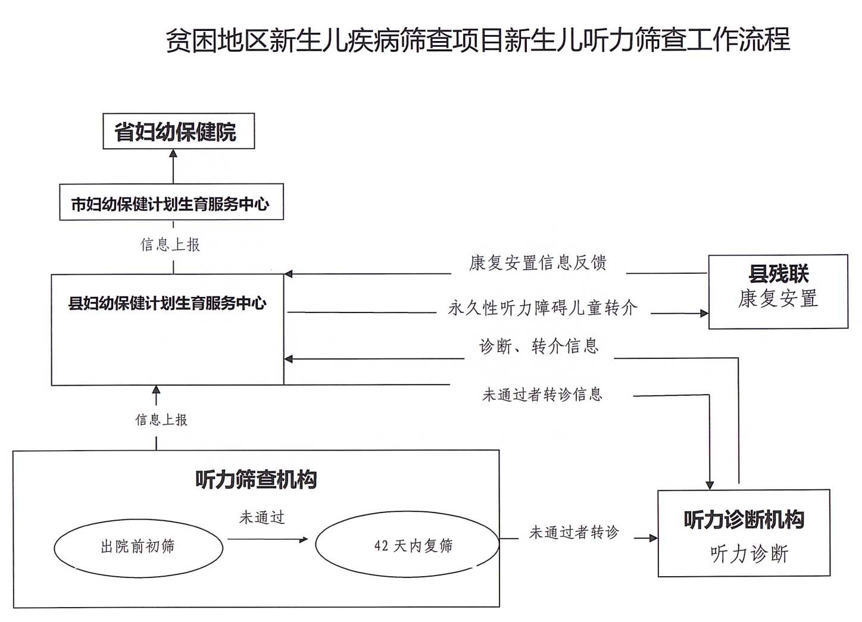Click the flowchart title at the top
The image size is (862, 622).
[x=477, y=40]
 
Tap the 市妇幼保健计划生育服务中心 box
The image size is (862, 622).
[x=171, y=204]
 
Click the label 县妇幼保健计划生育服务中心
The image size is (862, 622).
[x=167, y=304]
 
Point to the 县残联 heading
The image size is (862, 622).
[x=778, y=274]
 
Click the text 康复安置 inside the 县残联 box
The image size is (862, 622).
[x=778, y=299]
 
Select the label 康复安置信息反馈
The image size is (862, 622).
[x=538, y=262]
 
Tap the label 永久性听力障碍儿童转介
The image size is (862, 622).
[x=542, y=308]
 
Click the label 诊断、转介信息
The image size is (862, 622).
[x=539, y=346]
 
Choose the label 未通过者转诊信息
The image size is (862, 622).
[x=542, y=394]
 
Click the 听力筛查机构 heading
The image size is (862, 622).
[x=256, y=480]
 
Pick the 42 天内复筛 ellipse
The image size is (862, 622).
[x=407, y=545]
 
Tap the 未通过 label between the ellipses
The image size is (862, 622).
[x=262, y=517]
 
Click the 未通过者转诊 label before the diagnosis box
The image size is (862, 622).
[x=574, y=532]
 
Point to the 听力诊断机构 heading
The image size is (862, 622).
[x=744, y=520]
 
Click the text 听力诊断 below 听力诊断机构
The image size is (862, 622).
[x=749, y=554]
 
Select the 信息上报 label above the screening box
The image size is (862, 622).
[x=161, y=420]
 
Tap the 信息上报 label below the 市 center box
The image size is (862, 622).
[x=170, y=245]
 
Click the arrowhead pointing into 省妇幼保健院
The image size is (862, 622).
[x=173, y=154]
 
